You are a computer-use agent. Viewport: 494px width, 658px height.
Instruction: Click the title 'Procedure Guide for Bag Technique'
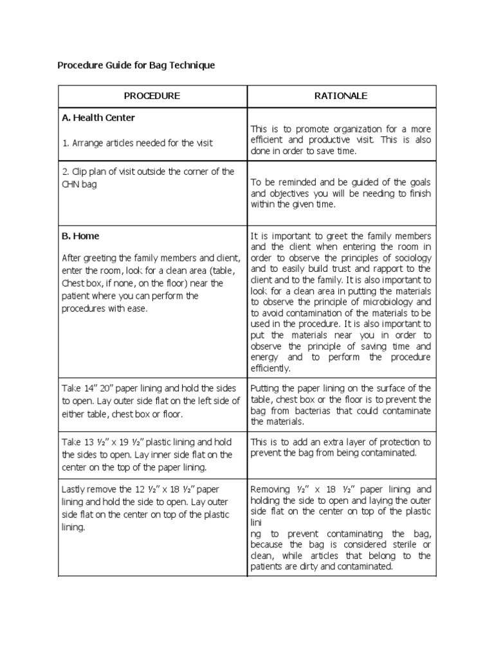click(x=136, y=65)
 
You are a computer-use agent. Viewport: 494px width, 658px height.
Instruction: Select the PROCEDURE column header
click(x=152, y=96)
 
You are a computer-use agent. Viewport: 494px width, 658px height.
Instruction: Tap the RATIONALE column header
click(x=341, y=96)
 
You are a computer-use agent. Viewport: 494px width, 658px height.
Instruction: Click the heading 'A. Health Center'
click(x=98, y=118)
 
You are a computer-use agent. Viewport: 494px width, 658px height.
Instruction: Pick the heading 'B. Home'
click(x=80, y=236)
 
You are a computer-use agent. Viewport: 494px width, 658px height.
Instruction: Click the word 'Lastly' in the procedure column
click(x=74, y=488)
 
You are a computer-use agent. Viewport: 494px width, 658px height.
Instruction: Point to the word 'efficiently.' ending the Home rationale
click(x=270, y=368)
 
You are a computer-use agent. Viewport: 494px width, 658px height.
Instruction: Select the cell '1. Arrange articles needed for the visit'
click(x=137, y=143)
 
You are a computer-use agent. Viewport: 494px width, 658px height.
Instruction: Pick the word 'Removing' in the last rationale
click(x=270, y=488)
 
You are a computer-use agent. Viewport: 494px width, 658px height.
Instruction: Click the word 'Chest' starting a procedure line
click(x=73, y=283)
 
